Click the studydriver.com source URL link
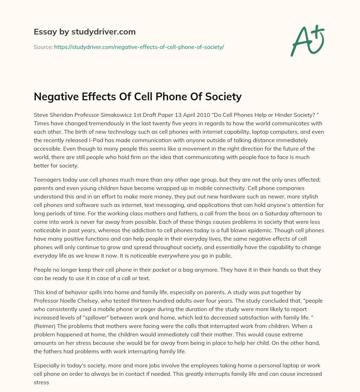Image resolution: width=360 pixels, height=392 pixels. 139,46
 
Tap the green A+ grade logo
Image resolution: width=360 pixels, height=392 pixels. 307,40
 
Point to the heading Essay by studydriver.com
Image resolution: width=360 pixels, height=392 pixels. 84,32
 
